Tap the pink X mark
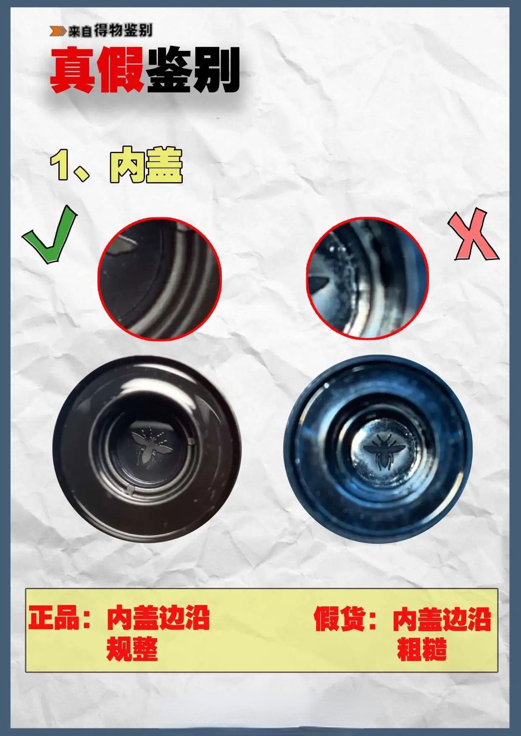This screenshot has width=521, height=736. pos(474,236)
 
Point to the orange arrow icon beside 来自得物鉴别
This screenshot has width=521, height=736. pos(58,31)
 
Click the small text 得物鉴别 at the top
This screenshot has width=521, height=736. pos(123,31)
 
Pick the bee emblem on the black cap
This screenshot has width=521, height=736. pos(150,446)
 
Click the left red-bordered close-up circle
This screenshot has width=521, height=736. pos(160,279)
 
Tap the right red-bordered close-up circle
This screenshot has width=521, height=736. pos(368,278)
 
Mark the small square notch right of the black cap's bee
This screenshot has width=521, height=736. pos(192,441)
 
